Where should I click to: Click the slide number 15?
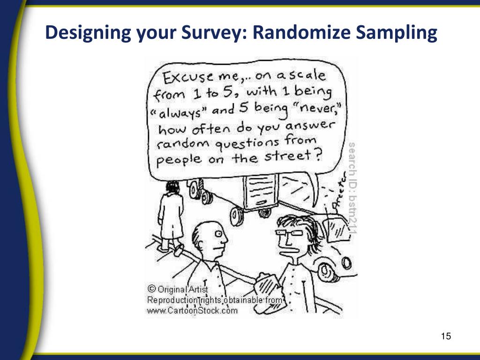(x=445, y=336)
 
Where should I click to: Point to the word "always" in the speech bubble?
(x=180, y=111)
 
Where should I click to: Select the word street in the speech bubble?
(x=287, y=156)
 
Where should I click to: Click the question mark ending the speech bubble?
(x=318, y=154)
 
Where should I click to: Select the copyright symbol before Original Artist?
(x=151, y=289)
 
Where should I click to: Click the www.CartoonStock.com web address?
(x=192, y=310)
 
